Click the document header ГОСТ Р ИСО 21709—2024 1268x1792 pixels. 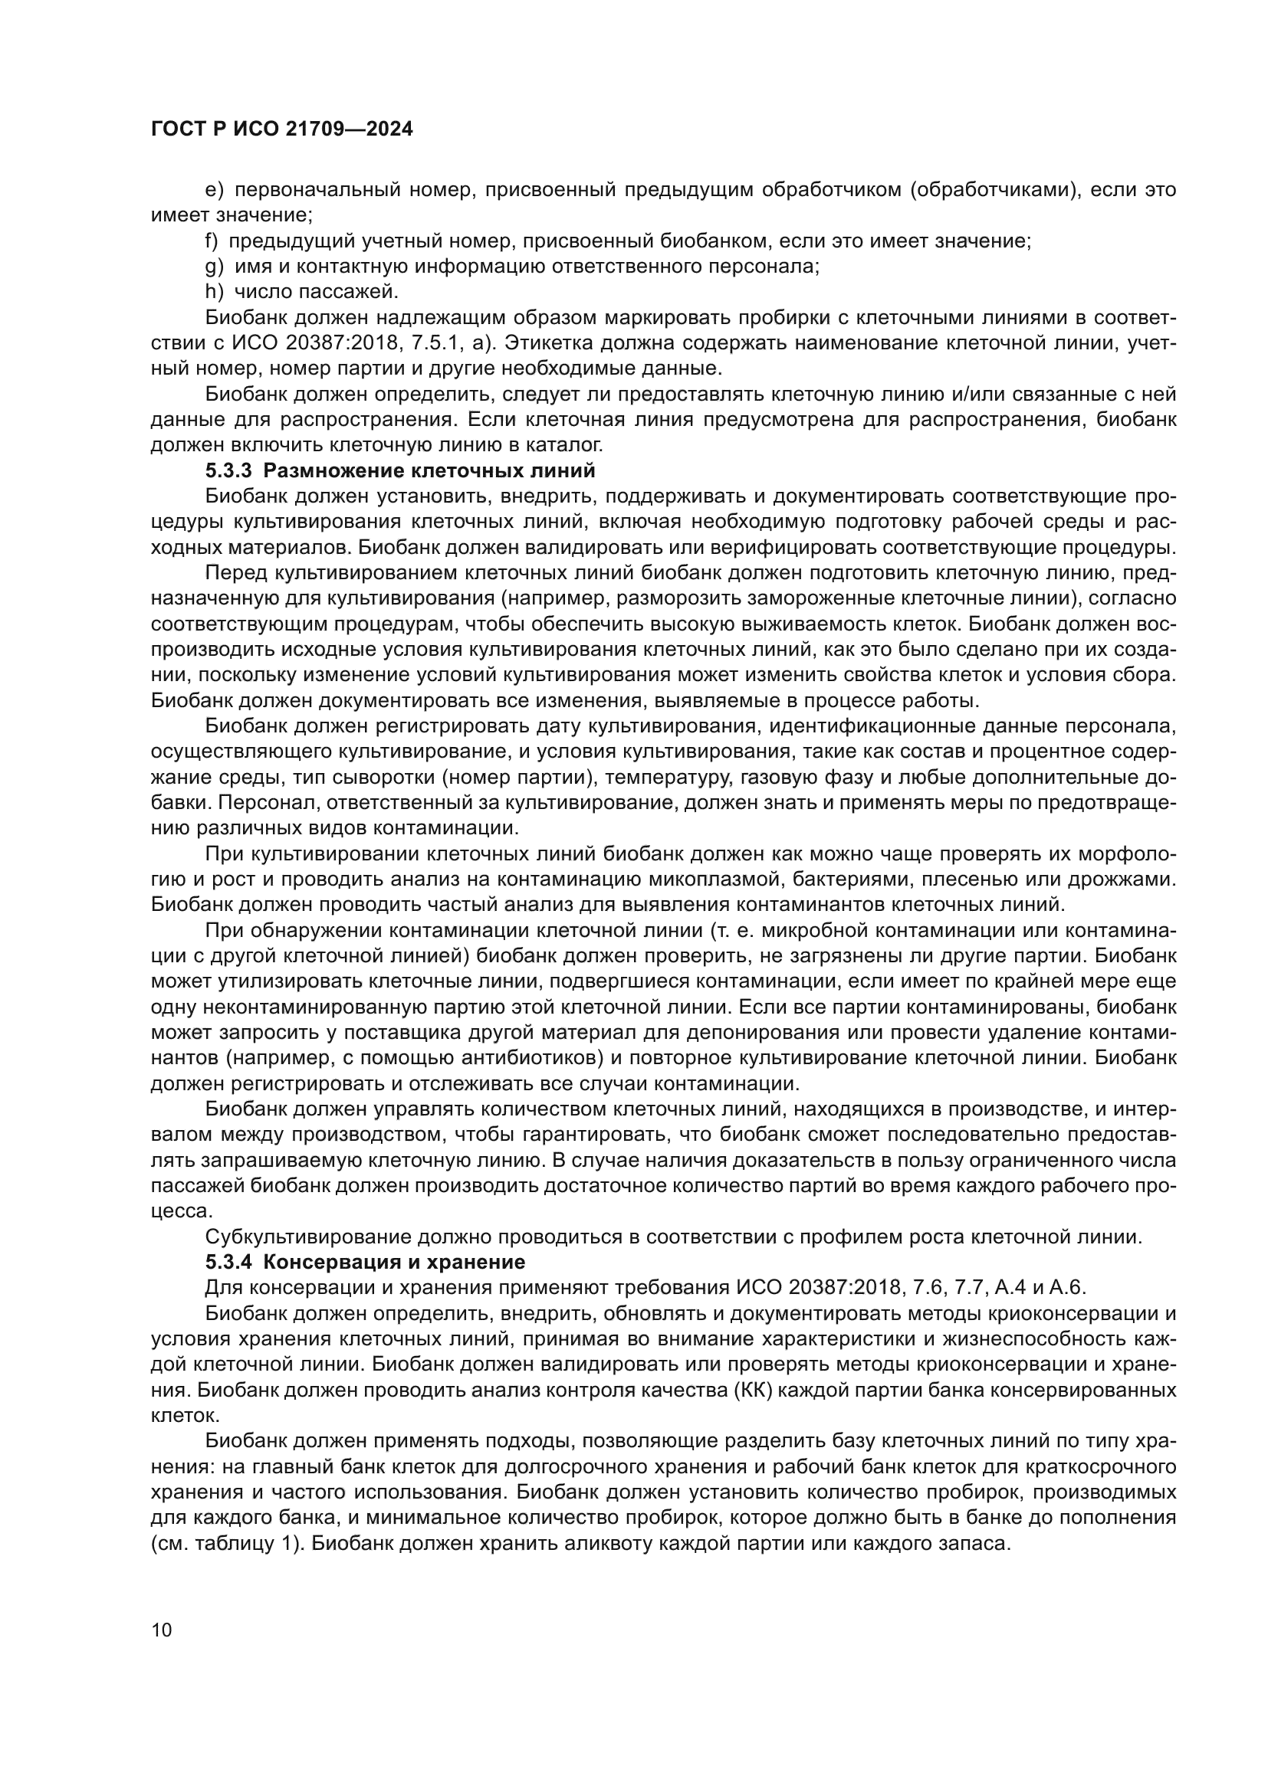coord(281,129)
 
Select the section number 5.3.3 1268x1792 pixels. coord(230,471)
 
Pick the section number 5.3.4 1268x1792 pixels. coord(230,1262)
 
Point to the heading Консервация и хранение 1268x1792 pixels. coord(396,1262)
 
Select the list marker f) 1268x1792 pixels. coord(212,241)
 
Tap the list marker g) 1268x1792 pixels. coord(214,266)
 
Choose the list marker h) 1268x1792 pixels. coord(214,292)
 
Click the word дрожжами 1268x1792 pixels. coord(1133,880)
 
